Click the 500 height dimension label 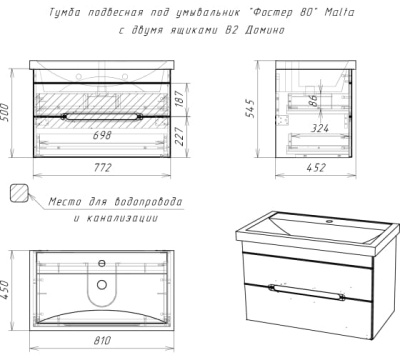(5, 112)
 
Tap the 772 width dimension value (102, 167)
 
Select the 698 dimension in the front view (102, 135)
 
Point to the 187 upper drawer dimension (179, 99)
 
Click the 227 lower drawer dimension (179, 136)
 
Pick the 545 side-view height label (249, 108)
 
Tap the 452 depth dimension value (315, 167)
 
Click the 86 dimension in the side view (313, 100)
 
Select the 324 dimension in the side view (320, 128)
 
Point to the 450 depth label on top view (5, 289)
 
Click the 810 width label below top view (102, 340)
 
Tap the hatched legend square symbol (19, 193)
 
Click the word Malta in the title (339, 12)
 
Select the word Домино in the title (265, 30)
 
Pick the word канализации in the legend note (122, 218)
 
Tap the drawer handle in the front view (102, 116)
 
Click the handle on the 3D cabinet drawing (307, 292)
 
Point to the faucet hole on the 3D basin (330, 221)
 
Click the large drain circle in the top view (102, 285)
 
